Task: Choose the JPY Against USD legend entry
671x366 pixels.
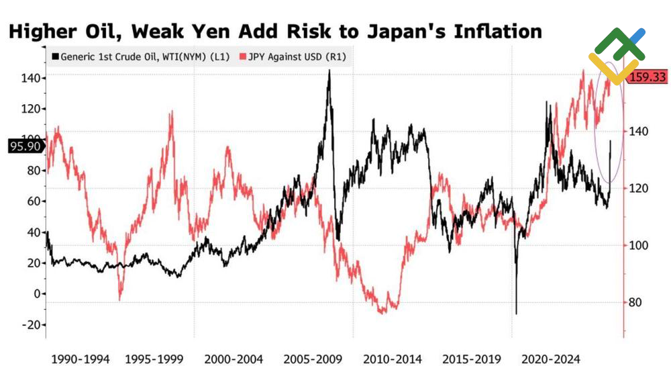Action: coord(294,57)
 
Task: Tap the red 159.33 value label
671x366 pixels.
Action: coord(647,78)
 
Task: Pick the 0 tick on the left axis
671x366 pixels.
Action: coord(37,293)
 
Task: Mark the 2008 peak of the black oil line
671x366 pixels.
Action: coord(329,71)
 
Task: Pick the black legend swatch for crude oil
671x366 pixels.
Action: coord(56,57)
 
